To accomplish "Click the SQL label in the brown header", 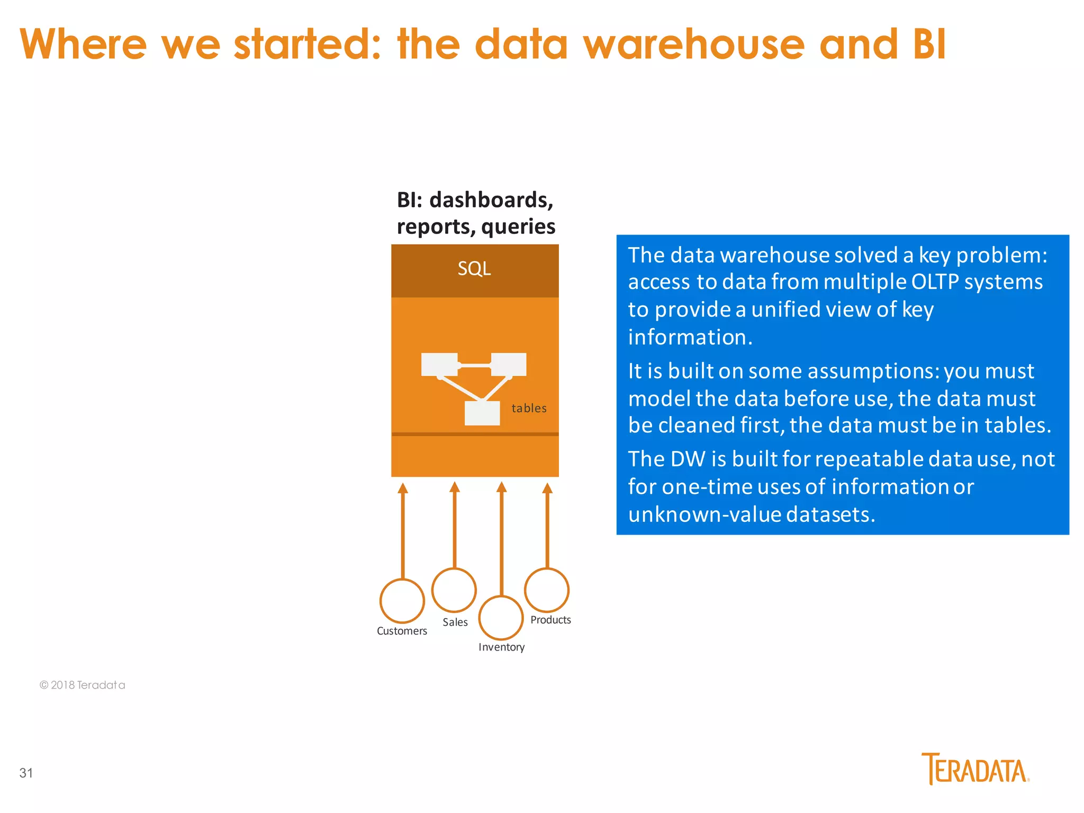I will pos(474,269).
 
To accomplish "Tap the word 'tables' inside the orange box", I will pos(529,408).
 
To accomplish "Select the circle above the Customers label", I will pos(402,601).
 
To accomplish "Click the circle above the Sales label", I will pos(454,590).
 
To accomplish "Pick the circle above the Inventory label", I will pos(501,618).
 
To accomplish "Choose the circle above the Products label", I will pos(547,590).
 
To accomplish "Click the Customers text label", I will pos(402,631).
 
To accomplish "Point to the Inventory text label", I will pos(501,647).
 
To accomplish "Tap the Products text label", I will pos(550,620).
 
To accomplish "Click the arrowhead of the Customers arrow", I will pos(403,488).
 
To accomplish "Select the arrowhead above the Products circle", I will pos(547,488).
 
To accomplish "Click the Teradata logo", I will pos(975,769).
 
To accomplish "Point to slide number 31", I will pos(26,773).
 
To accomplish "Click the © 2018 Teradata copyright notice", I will pos(82,685).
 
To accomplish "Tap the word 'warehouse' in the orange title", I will pos(693,44).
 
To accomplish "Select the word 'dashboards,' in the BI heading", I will pos(491,200).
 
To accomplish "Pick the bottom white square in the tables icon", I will pos(482,413).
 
